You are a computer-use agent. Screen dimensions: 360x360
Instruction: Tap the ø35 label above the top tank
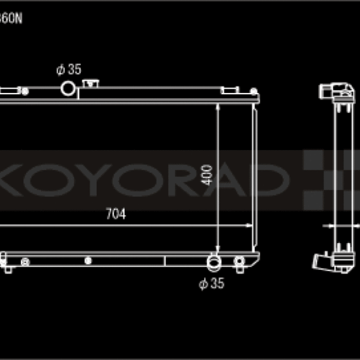[x=68, y=70]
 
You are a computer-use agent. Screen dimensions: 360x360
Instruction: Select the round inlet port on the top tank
[x=68, y=89]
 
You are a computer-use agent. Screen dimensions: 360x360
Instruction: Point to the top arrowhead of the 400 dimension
[x=217, y=107]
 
